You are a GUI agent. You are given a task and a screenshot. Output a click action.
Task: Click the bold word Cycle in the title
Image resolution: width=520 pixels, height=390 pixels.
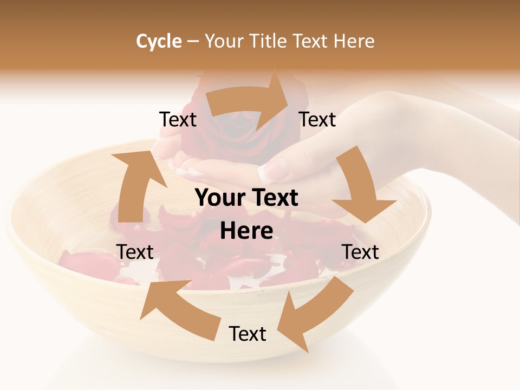(x=159, y=41)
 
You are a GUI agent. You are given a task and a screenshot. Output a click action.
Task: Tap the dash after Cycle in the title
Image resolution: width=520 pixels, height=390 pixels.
(x=193, y=42)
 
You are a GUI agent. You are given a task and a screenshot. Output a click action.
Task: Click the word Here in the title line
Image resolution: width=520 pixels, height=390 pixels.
(x=354, y=41)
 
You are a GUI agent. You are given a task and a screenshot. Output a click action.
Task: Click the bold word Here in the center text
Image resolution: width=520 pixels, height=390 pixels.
(x=246, y=231)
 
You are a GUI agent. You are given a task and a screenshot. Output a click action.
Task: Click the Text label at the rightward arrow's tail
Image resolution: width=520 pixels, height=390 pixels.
(x=178, y=119)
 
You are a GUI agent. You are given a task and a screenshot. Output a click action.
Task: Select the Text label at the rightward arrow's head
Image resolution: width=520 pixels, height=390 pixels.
(x=317, y=119)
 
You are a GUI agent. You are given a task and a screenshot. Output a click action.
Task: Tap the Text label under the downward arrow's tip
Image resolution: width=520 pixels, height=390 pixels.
(x=360, y=252)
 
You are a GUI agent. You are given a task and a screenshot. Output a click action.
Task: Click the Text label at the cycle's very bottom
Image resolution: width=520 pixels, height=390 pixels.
(x=248, y=334)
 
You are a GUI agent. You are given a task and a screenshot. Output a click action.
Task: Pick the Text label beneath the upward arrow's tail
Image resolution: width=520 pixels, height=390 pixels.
(x=135, y=252)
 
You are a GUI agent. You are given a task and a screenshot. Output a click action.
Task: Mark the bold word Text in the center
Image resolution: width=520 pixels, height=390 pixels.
(x=272, y=198)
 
